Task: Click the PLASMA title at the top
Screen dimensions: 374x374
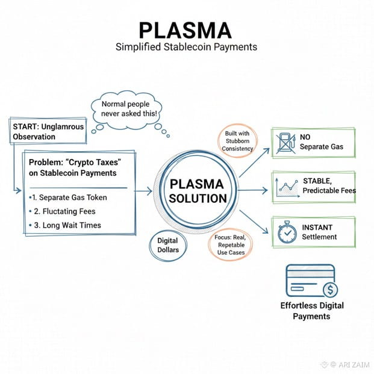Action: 186,31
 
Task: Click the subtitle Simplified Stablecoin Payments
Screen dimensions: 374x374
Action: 186,46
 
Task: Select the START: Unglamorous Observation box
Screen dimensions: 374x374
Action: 48,131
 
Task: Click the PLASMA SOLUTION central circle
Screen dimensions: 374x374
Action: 198,190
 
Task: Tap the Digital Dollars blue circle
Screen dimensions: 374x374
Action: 167,245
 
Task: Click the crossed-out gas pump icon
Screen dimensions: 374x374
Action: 285,142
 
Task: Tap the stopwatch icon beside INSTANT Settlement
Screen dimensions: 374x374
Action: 285,232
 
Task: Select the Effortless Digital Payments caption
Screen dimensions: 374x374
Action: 311,311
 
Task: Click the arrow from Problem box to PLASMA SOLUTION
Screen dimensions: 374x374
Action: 144,191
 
